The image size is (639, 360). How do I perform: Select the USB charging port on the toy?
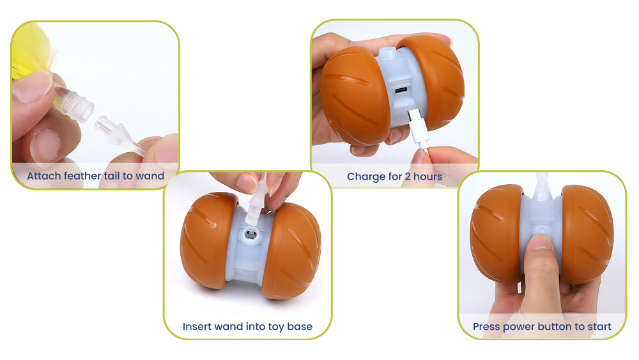(401, 90)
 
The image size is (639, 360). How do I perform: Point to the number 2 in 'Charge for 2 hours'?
(407, 176)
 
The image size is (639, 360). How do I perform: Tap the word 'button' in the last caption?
(555, 327)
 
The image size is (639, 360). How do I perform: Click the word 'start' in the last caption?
(599, 327)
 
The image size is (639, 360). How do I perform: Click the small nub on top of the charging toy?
(388, 53)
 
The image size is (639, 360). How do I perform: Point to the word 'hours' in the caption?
(428, 176)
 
